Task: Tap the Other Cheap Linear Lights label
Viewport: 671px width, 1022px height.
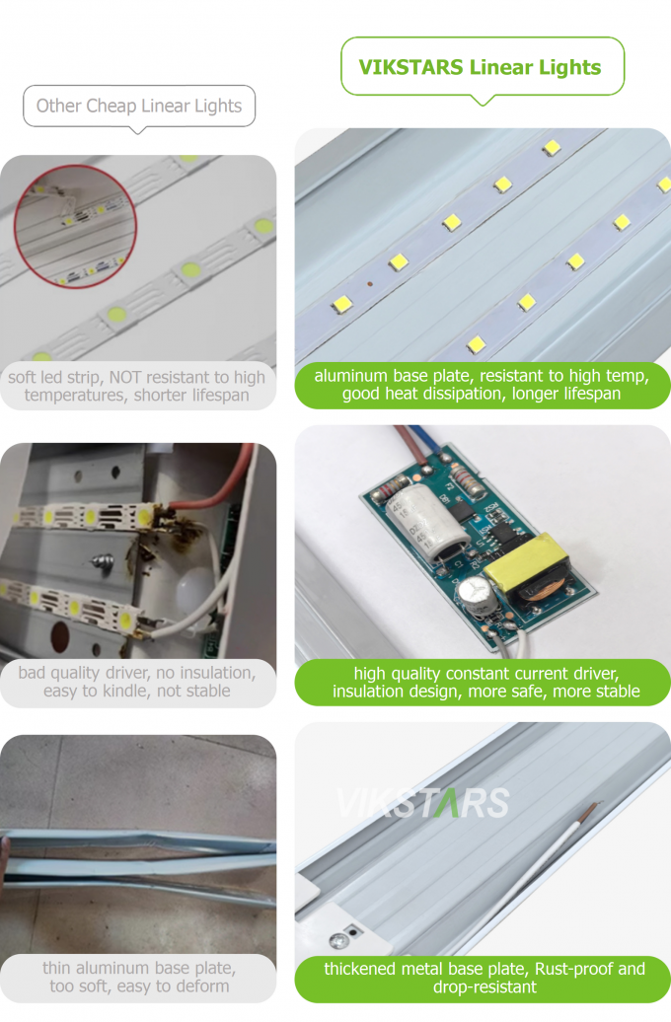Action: [139, 106]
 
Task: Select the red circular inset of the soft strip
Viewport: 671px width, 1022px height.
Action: [75, 226]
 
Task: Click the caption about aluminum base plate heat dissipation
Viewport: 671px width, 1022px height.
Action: [482, 385]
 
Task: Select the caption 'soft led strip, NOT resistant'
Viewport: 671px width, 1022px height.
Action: [137, 386]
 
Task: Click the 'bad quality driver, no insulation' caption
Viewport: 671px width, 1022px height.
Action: [137, 682]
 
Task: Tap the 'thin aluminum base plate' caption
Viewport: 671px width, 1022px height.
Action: [137, 977]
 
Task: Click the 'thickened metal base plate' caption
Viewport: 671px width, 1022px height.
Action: [484, 977]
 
